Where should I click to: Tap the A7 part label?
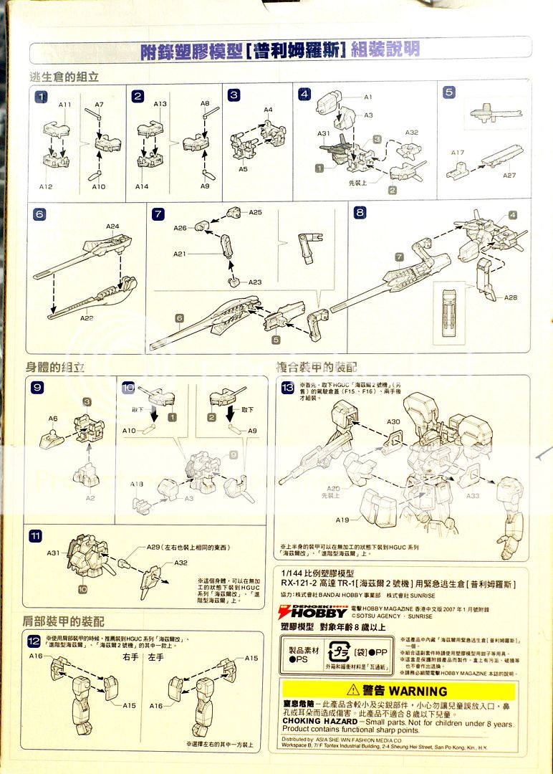100,105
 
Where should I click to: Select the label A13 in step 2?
160,105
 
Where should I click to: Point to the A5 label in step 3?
243,169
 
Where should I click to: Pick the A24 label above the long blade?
112,226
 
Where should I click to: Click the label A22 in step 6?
87,317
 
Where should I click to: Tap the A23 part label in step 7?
255,282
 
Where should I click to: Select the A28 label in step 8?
510,297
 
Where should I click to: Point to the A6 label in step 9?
53,419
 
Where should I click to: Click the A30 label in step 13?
393,421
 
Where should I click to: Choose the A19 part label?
343,520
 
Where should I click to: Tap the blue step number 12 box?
34,641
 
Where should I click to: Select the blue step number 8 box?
360,212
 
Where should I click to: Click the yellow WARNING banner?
396,691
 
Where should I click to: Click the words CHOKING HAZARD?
319,722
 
